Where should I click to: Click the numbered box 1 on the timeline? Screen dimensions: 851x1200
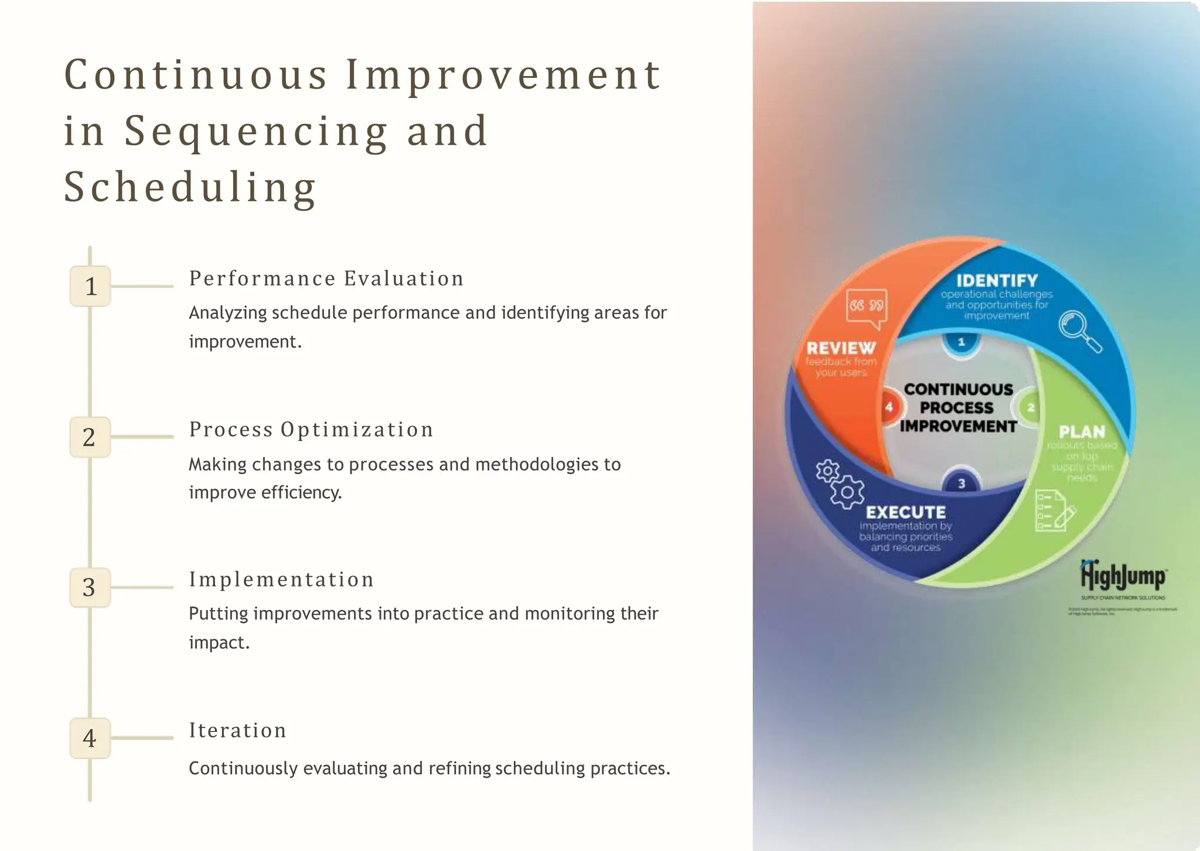90,286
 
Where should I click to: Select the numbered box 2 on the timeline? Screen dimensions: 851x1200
90,437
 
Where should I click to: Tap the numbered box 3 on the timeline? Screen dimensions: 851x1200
90,587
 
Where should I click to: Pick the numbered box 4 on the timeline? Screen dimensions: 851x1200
90,738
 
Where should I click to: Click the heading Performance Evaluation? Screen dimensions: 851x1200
326,278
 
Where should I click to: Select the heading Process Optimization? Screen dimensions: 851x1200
311,430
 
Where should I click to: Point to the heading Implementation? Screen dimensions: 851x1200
281,580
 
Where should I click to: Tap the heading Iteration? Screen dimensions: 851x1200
237,730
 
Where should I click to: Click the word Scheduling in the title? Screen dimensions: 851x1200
190,188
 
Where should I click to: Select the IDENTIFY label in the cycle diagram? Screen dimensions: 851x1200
997,281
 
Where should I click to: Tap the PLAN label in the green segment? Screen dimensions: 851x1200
1082,432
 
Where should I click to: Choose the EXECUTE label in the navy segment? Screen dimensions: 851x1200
906,512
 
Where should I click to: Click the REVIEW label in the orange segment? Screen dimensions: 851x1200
841,348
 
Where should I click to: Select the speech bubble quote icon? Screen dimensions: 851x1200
866,307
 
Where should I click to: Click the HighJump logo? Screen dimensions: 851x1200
1123,577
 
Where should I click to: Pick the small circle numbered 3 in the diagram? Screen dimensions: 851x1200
962,483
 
